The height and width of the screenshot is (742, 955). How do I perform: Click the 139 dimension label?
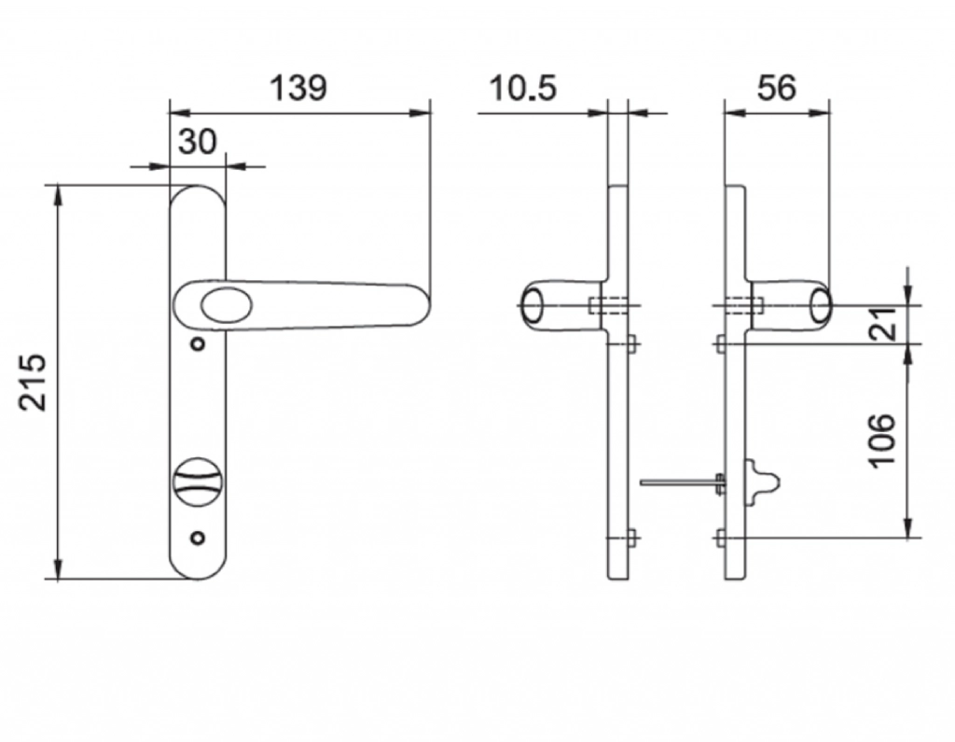coord(298,88)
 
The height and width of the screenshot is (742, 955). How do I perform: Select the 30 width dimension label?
coord(197,141)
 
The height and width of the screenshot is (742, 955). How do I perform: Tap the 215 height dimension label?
coord(34,382)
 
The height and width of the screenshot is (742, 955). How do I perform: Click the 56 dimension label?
coord(776,88)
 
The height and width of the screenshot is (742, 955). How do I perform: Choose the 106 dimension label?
coord(882,440)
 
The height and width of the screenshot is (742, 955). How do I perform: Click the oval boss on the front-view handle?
coord(220,305)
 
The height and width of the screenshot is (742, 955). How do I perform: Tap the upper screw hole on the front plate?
coord(197,345)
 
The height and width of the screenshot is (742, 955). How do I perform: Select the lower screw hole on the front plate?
coord(197,538)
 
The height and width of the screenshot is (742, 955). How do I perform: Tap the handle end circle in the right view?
coord(820,305)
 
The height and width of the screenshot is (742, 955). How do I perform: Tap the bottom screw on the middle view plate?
coord(631,538)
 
